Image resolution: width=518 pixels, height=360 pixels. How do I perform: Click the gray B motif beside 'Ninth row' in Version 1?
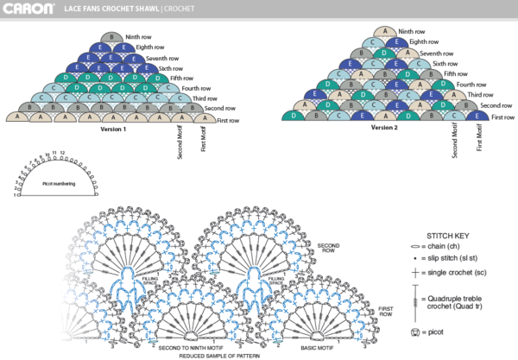pyautogui.click(x=111, y=38)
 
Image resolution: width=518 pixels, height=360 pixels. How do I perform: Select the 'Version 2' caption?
pyautogui.click(x=384, y=127)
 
